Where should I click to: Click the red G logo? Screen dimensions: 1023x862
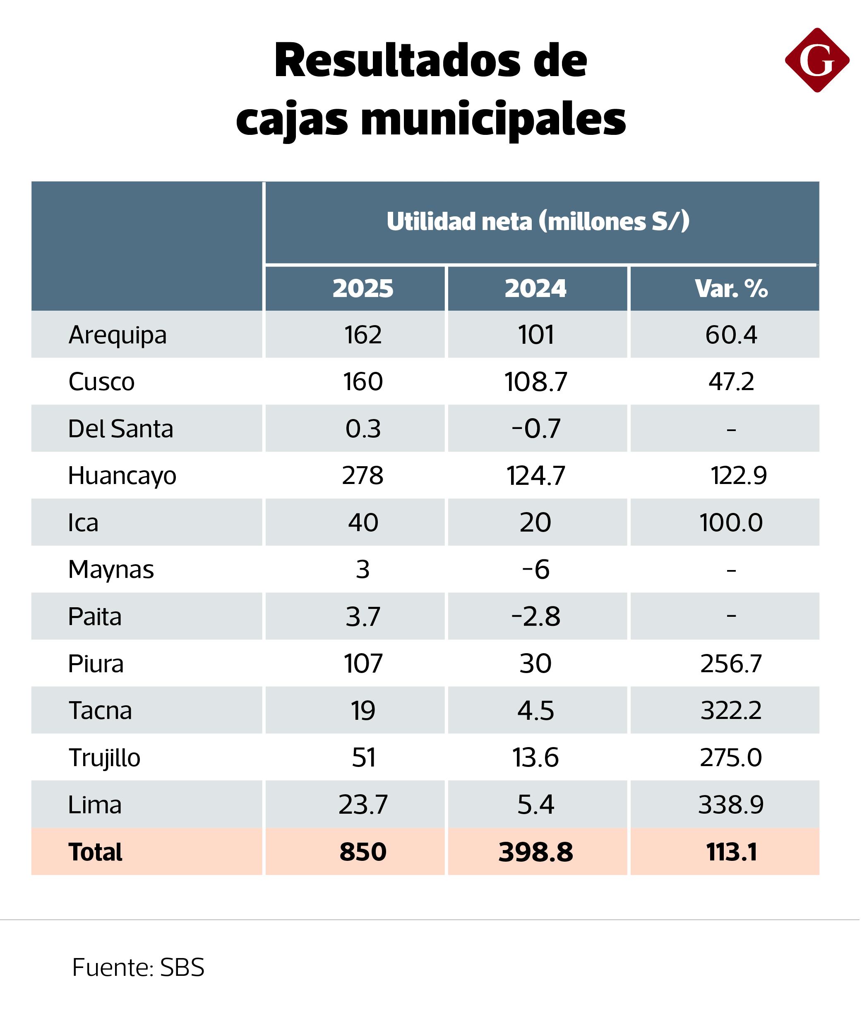(817, 60)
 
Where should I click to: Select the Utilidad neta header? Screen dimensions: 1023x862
(538, 221)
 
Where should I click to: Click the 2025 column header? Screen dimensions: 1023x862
(363, 288)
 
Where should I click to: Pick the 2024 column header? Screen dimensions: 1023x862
(535, 288)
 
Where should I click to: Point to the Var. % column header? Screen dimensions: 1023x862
(731, 288)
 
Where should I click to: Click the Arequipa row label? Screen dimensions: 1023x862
(117, 335)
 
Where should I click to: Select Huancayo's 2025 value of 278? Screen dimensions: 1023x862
(363, 475)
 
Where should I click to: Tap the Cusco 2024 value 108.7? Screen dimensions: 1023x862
(535, 381)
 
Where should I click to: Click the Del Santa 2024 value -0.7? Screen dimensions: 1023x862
(535, 429)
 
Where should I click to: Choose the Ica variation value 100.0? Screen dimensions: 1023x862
(731, 522)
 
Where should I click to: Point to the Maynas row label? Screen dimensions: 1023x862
(111, 569)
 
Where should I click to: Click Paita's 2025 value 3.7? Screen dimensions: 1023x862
(363, 616)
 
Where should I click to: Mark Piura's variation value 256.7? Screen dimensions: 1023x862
(731, 664)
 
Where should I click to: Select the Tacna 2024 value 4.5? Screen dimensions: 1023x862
(535, 710)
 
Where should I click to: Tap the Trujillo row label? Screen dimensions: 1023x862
(105, 758)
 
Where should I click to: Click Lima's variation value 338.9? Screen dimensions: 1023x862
(731, 805)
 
